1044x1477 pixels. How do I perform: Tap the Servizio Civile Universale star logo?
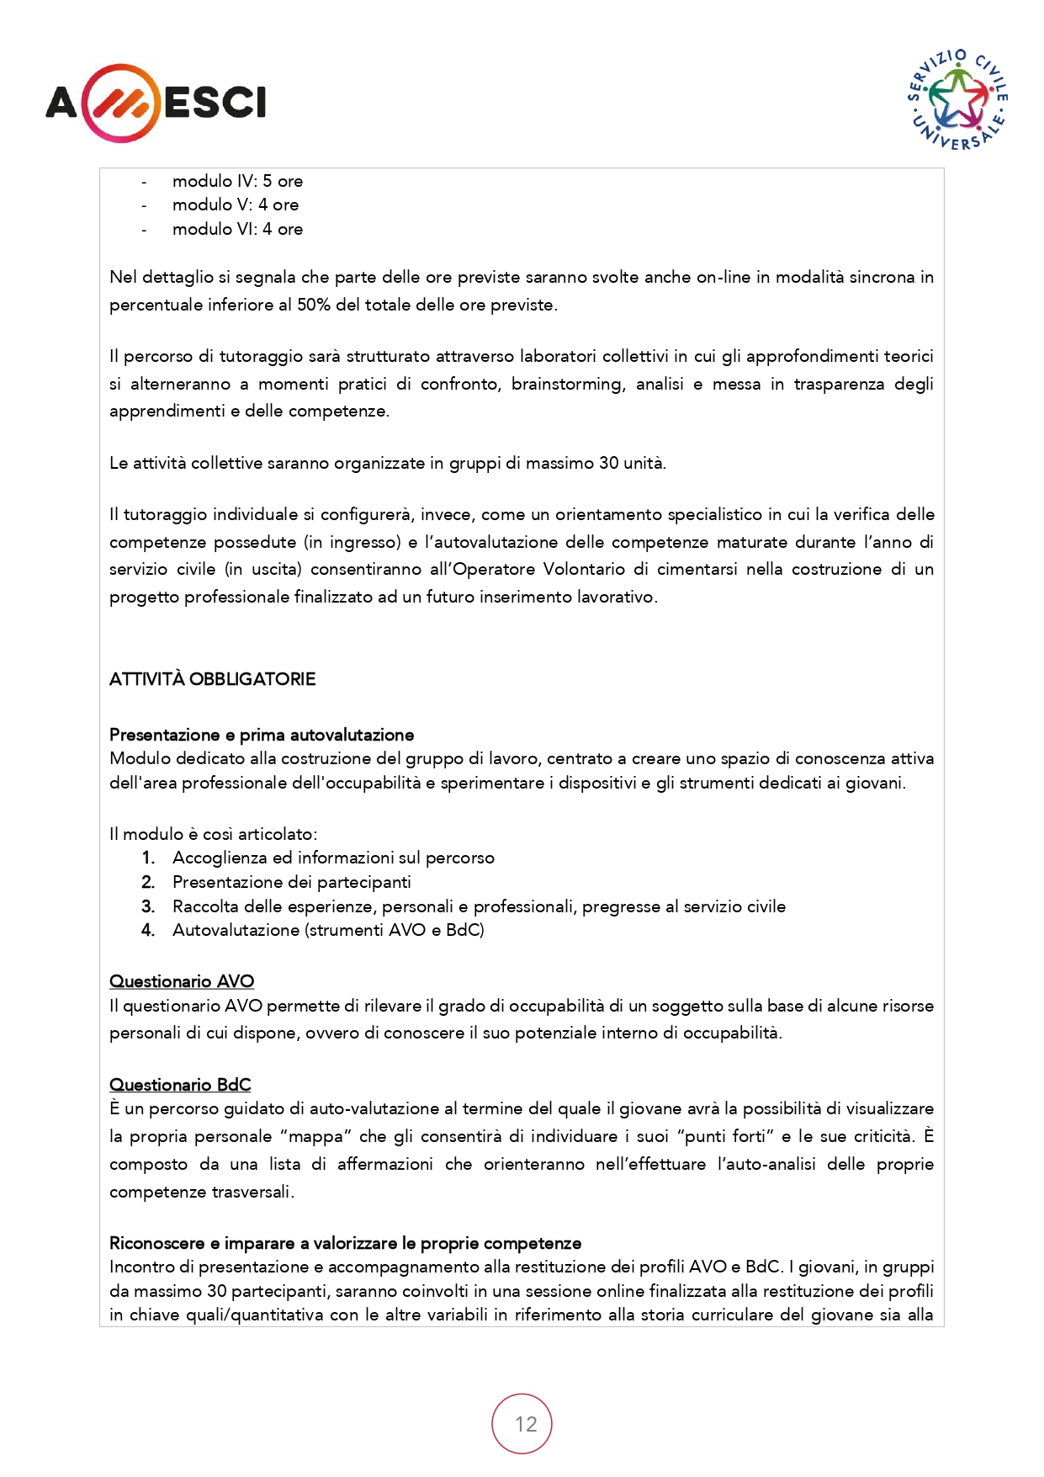pos(958,99)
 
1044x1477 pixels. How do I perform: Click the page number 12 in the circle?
pos(526,1424)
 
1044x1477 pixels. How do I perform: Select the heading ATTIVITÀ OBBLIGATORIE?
pos(212,679)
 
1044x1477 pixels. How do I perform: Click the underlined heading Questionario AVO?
pos(182,981)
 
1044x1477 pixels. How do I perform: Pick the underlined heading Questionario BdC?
pos(180,1085)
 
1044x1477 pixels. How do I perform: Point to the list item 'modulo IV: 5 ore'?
pos(237,181)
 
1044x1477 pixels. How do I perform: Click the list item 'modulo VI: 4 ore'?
pos(237,229)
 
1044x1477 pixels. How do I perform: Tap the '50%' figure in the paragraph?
pos(314,305)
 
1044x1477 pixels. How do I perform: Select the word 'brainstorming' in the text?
pos(567,384)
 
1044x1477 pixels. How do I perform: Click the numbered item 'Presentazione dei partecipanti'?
pos(291,882)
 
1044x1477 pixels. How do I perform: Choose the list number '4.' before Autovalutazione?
pos(148,930)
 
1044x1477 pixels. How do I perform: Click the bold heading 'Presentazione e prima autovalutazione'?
pos(262,735)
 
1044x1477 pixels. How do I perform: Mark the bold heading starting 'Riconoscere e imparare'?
pos(345,1243)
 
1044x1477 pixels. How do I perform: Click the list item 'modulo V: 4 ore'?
pos(236,205)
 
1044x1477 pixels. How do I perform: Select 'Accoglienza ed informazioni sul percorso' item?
pos(333,858)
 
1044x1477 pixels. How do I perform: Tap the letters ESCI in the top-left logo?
pos(215,103)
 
